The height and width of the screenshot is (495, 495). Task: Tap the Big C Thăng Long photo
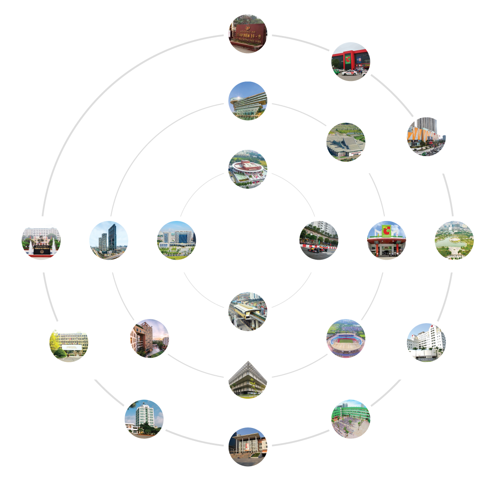[351, 63]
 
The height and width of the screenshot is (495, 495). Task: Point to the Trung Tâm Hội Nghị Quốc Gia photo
[346, 143]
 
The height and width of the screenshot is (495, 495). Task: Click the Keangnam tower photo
[108, 241]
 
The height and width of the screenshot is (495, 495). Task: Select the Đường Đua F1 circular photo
[319, 241]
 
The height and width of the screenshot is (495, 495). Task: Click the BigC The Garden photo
[387, 241]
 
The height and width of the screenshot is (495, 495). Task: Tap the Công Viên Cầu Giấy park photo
[454, 241]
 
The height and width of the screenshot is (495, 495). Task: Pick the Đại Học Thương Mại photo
[41, 241]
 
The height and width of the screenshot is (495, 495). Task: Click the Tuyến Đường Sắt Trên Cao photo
[247, 312]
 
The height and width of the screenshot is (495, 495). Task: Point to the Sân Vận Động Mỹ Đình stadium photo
[346, 339]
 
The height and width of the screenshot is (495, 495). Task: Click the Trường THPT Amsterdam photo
[247, 447]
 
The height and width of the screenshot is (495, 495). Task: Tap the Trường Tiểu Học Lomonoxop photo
[351, 419]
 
